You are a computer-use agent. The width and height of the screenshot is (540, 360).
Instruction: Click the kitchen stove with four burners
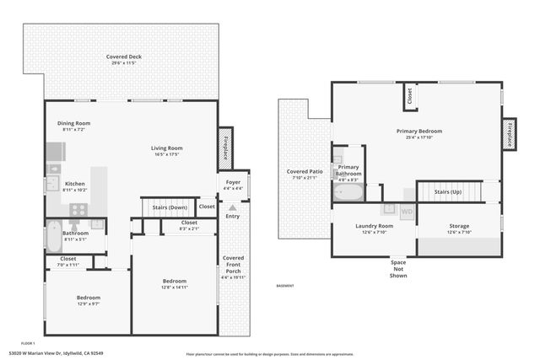click(x=78, y=209)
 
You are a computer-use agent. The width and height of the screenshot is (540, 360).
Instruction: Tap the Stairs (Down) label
click(x=170, y=207)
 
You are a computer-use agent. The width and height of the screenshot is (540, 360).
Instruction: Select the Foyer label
click(x=232, y=181)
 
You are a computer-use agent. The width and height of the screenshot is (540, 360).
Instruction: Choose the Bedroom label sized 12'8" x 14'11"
click(x=174, y=281)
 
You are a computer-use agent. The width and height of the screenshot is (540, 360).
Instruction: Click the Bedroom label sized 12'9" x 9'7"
click(x=89, y=298)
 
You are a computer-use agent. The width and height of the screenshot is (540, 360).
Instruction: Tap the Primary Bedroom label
click(x=418, y=131)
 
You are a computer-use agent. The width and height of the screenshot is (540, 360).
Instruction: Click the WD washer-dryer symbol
click(x=407, y=212)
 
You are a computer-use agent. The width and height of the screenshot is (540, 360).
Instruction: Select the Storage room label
click(x=459, y=226)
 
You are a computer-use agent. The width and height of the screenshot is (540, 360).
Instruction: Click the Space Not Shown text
click(x=398, y=269)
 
